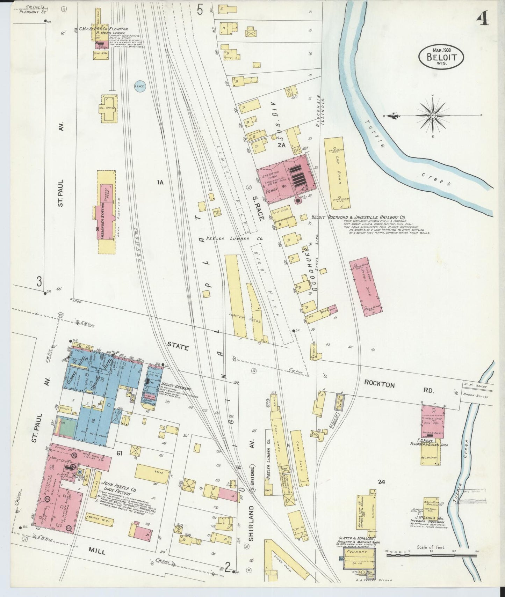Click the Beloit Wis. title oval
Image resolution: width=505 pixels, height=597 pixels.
click(x=441, y=56)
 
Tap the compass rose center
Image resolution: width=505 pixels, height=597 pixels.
click(x=433, y=115)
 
